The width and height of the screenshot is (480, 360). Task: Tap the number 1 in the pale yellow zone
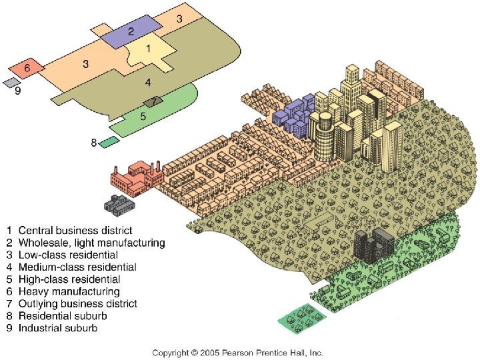(148, 49)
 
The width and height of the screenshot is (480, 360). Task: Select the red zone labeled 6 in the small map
(27, 69)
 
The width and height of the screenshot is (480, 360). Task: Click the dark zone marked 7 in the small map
(153, 101)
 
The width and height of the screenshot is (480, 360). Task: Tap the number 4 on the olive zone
(148, 83)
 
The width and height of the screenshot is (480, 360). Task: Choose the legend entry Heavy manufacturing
(69, 291)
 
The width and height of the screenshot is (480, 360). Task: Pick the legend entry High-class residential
(69, 279)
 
